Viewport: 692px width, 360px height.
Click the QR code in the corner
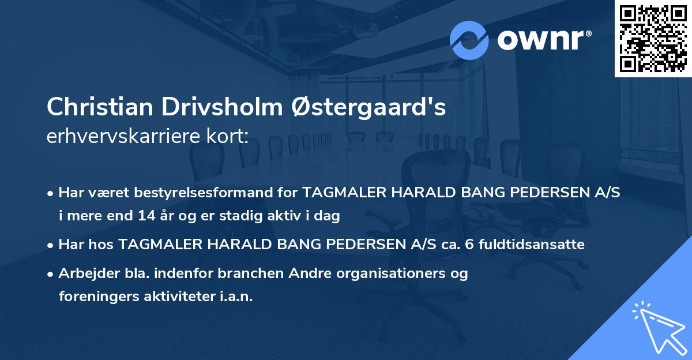[x=653, y=39]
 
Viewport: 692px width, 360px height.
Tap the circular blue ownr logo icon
[x=469, y=40]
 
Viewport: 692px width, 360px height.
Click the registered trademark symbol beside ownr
[x=589, y=34]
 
